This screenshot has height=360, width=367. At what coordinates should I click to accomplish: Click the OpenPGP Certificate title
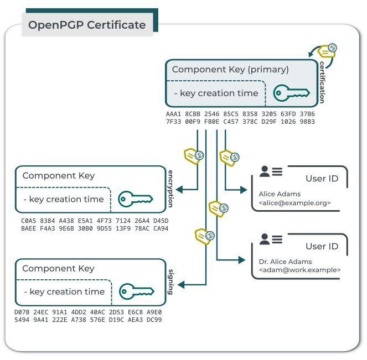(x=87, y=25)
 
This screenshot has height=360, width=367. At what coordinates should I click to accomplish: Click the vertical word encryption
(x=170, y=188)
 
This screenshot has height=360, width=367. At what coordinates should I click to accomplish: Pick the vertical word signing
(x=170, y=281)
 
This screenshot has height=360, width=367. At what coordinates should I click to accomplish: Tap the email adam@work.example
(x=299, y=270)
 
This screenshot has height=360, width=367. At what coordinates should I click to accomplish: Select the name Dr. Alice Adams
(x=285, y=262)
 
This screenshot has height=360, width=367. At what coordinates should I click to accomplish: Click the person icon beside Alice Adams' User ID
(x=265, y=172)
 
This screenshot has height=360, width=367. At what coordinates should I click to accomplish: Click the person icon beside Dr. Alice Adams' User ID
(x=265, y=239)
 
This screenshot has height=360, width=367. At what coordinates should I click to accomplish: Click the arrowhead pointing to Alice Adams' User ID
(x=244, y=190)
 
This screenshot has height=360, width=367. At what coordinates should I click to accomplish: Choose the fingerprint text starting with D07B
(x=88, y=316)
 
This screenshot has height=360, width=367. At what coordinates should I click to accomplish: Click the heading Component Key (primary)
(x=230, y=70)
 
